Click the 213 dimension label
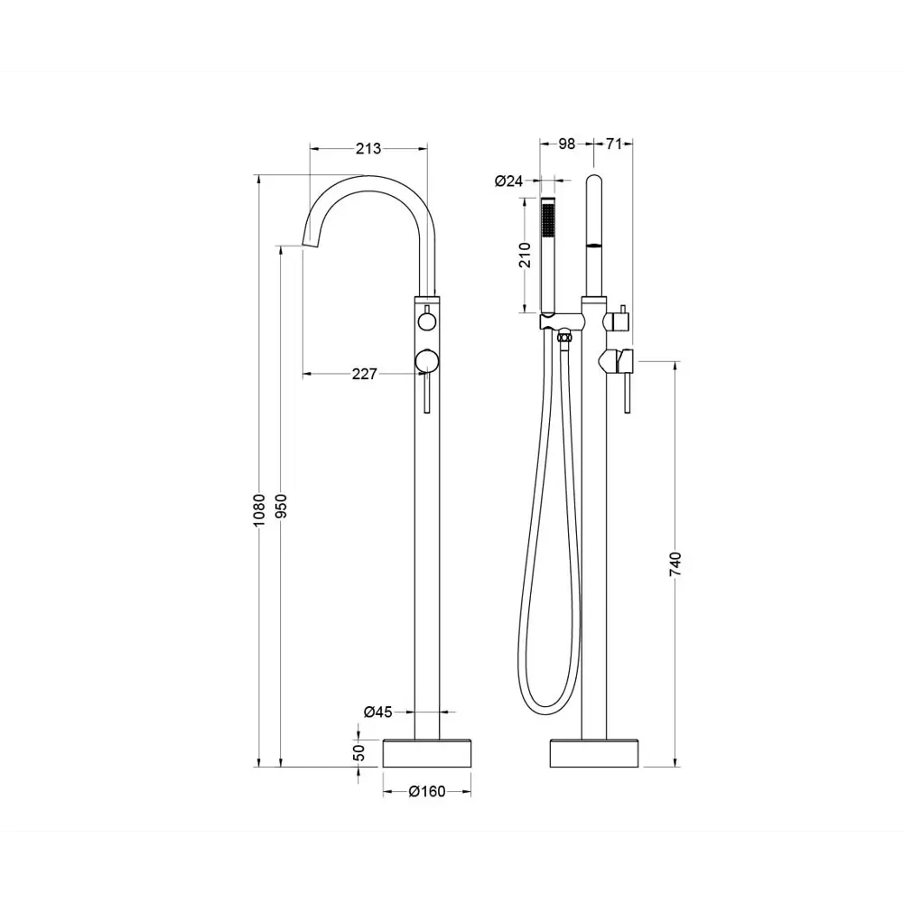(x=368, y=149)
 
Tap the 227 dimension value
(x=364, y=375)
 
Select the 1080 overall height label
(x=259, y=509)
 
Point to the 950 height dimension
(x=281, y=506)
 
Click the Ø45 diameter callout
(x=377, y=712)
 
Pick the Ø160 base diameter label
(x=427, y=792)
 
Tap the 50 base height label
(x=358, y=753)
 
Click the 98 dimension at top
(x=567, y=144)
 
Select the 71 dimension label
(x=614, y=144)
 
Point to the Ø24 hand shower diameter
(x=508, y=181)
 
